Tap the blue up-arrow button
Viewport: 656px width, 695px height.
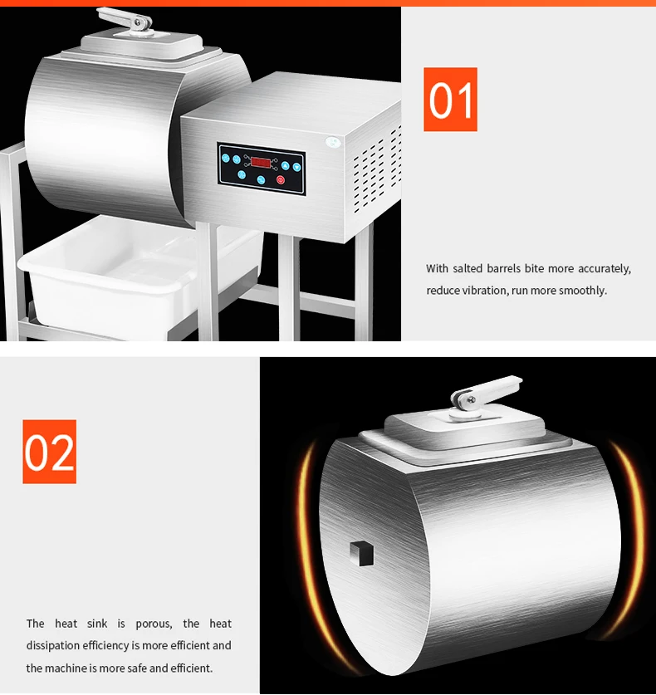(285, 166)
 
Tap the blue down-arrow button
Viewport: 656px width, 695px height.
(296, 168)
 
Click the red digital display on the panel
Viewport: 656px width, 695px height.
(261, 162)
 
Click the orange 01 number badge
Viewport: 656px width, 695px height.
(450, 100)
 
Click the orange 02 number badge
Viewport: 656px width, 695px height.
(49, 452)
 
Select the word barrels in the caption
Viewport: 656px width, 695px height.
(503, 268)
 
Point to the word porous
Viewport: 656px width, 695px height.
(154, 624)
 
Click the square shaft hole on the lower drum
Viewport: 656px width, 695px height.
(362, 554)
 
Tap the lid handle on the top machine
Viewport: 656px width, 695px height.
(126, 21)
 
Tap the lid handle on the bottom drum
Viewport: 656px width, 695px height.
(485, 391)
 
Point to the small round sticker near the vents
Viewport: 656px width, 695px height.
(333, 142)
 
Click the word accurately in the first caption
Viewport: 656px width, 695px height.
(605, 268)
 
